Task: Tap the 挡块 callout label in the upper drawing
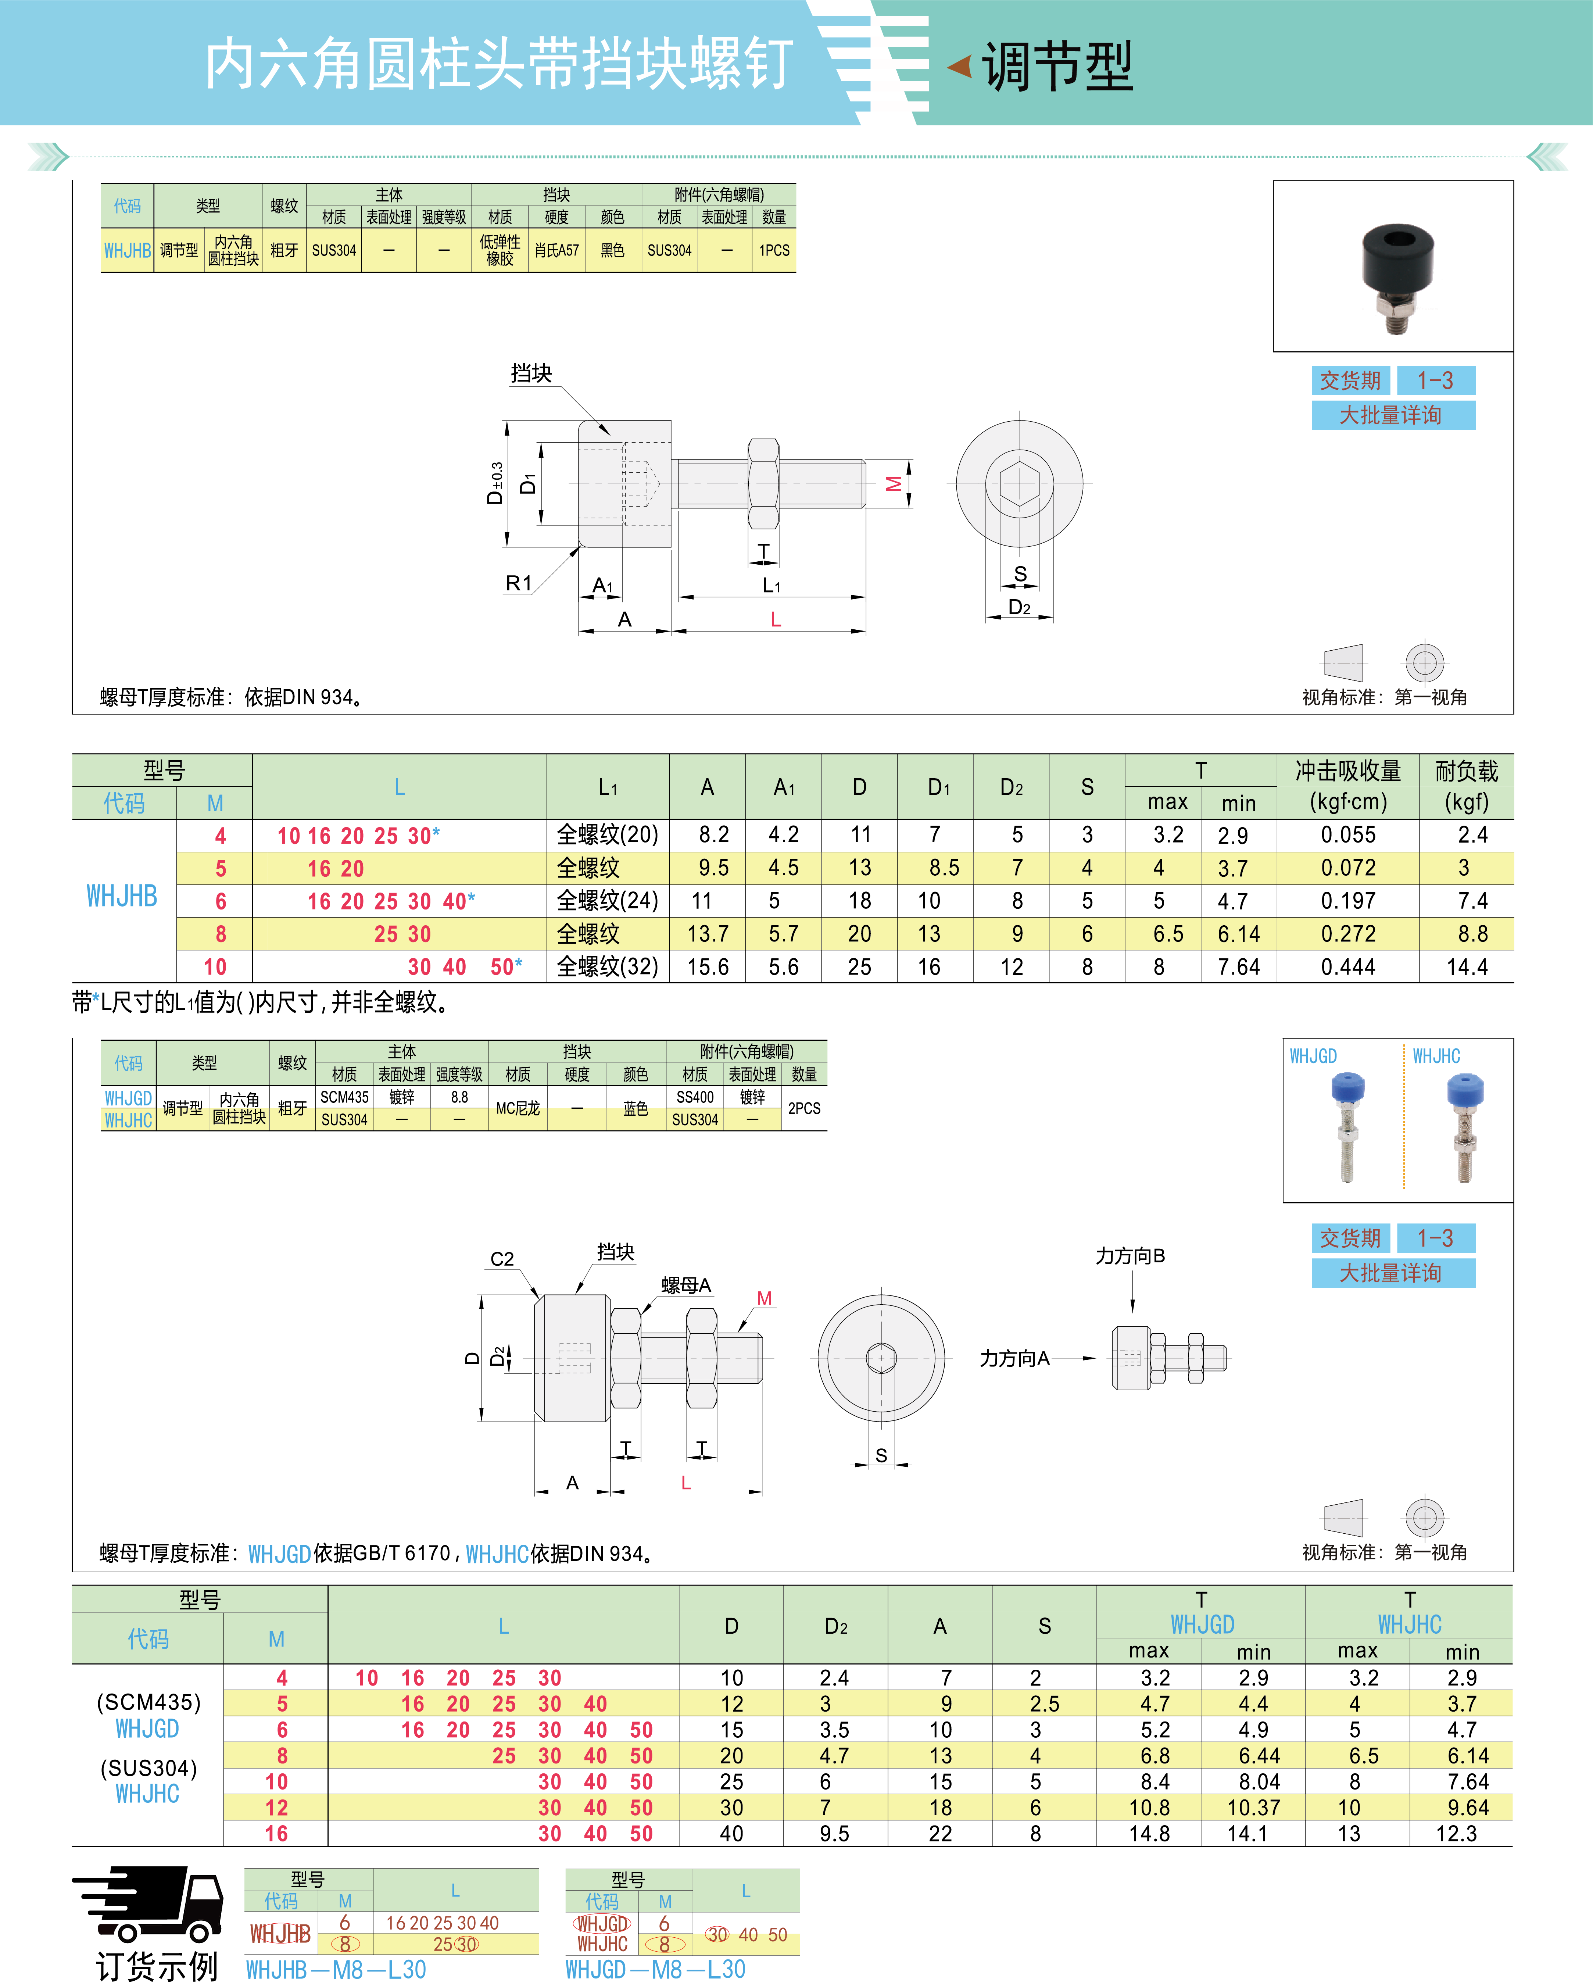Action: click(531, 373)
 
